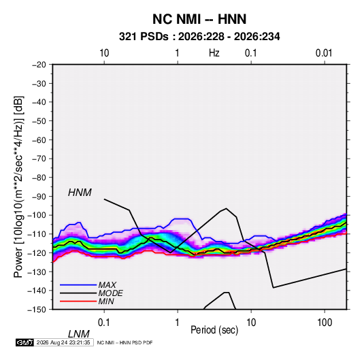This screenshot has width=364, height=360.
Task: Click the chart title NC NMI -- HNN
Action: click(199, 19)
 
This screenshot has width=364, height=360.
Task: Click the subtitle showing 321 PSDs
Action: click(199, 37)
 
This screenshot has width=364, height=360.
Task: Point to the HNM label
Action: click(80, 193)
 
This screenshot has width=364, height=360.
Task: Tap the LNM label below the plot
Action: click(79, 334)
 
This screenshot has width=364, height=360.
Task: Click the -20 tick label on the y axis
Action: click(39, 65)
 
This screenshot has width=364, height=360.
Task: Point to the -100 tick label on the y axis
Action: click(37, 215)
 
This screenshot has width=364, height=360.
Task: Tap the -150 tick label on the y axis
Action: click(37, 310)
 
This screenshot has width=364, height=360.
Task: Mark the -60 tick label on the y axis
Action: click(39, 140)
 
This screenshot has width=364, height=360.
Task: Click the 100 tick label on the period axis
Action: click(325, 323)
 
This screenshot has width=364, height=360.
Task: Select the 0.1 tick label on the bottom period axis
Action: click(104, 323)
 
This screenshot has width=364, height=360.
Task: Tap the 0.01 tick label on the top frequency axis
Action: click(324, 53)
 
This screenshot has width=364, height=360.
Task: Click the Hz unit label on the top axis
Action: click(214, 53)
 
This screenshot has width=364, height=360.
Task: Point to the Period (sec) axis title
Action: click(214, 330)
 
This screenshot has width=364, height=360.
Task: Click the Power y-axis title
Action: click(18, 187)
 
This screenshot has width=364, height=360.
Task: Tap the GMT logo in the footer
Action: click(24, 342)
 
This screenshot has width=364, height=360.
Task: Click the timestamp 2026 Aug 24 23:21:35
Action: click(63, 342)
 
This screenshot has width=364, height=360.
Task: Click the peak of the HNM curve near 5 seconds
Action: click(226, 208)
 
